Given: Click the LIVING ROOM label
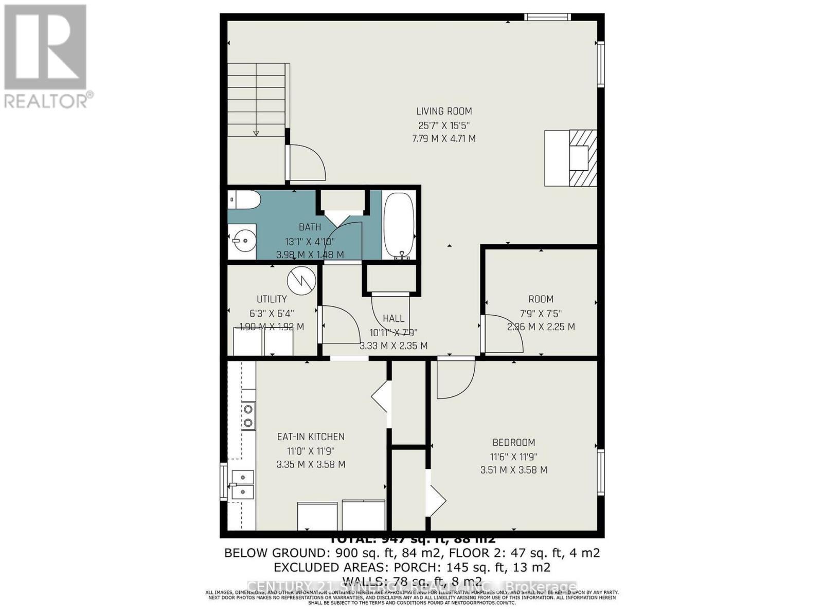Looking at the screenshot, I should click(443, 111).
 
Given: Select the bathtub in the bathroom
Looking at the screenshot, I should click(400, 224).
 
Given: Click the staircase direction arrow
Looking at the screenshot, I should click(256, 132).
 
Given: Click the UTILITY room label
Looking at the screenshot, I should click(272, 299).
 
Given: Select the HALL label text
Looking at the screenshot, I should click(393, 319).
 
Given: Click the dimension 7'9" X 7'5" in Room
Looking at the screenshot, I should click(541, 313).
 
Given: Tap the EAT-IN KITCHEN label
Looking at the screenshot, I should click(311, 437).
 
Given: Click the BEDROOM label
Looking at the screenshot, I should click(513, 442).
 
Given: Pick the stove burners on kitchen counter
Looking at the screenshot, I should click(248, 416).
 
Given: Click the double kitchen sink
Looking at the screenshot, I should click(242, 484).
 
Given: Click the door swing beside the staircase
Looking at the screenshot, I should click(306, 162).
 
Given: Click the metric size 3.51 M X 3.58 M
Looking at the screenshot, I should click(513, 469).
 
